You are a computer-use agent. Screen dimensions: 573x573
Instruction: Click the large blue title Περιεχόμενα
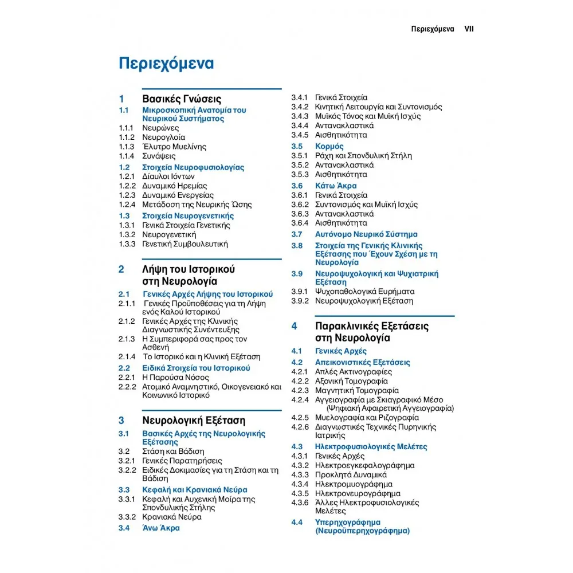(166, 63)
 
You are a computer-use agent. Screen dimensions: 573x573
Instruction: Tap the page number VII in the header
(469, 29)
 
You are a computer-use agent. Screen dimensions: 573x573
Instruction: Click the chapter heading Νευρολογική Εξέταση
(194, 420)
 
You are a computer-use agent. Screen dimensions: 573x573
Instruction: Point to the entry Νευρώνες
(160, 128)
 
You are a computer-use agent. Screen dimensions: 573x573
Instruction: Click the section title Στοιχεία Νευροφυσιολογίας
(193, 167)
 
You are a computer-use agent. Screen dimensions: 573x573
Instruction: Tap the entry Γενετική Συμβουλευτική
(185, 244)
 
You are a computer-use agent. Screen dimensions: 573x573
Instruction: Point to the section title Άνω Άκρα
(161, 528)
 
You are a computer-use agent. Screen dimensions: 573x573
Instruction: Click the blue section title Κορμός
(329, 146)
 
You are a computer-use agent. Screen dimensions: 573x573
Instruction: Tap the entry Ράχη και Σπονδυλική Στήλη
(363, 156)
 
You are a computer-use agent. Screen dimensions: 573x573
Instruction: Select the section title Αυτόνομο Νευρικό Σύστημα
(366, 234)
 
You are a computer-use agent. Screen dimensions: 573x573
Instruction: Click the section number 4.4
(296, 523)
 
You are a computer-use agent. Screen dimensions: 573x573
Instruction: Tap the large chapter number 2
(121, 269)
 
